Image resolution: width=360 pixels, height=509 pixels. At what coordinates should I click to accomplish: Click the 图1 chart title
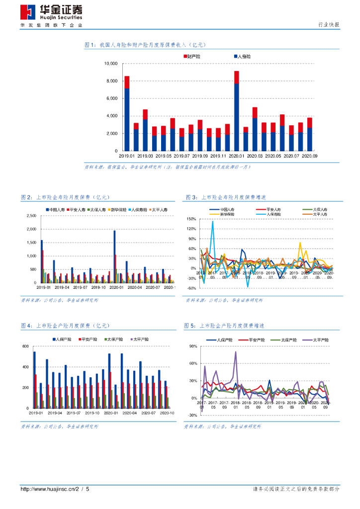pos(145,45)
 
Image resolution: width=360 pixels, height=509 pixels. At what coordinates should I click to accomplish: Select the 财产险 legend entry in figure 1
pos(192,57)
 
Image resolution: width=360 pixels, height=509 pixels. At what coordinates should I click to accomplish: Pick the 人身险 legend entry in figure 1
pos(242,57)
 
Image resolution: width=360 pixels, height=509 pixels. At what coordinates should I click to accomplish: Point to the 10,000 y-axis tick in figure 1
pos(110,64)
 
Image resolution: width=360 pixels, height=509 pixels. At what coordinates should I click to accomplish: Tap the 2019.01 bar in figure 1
pos(127,114)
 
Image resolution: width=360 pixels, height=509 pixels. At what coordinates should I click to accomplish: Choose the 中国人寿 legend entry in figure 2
pos(56,210)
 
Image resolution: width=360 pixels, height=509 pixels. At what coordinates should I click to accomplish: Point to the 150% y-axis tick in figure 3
pos(190,219)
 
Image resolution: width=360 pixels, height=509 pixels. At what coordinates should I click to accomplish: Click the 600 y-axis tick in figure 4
pos(25,346)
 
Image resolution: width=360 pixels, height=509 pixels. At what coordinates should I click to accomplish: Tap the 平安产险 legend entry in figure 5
pos(250,340)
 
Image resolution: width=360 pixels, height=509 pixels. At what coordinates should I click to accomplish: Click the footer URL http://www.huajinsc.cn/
pos(47,490)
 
